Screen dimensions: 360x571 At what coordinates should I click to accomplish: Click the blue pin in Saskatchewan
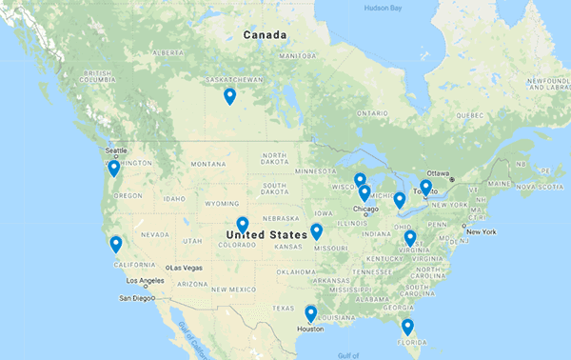coord(229,95)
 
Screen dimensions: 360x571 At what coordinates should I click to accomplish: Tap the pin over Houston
coord(310,313)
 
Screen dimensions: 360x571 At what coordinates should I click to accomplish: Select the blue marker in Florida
coord(407,327)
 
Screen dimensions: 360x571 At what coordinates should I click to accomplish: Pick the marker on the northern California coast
coord(116,244)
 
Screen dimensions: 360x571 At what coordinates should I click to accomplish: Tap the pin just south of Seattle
coord(113,169)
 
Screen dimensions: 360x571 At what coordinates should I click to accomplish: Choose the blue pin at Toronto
coord(425,188)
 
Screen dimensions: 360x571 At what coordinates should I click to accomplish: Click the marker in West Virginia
coord(410,237)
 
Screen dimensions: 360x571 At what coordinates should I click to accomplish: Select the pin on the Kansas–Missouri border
coord(316,231)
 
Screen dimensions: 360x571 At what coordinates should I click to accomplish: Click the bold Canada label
coord(266,35)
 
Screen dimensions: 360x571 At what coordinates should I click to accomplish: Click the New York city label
coord(482,231)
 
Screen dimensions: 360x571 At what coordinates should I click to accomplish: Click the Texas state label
coord(284,308)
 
